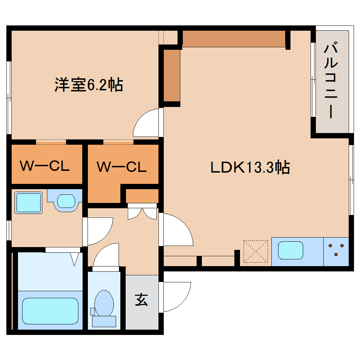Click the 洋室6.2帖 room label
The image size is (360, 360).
pyautogui.click(x=89, y=85)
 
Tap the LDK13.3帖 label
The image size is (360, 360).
pyautogui.click(x=250, y=167)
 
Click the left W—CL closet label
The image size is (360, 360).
pyautogui.click(x=44, y=166)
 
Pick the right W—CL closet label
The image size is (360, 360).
pyautogui.click(x=122, y=167)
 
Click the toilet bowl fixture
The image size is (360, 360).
pyautogui.click(x=104, y=303)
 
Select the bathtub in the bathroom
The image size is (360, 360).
pyautogui.click(x=50, y=310)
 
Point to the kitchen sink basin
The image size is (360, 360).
pyautogui.click(x=290, y=250)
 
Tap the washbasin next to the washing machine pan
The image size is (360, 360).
pyautogui.click(x=66, y=201)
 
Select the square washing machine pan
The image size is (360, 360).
pyautogui.click(x=28, y=202)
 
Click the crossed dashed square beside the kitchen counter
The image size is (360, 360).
pyautogui.click(x=256, y=251)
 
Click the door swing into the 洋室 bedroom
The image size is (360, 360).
pyautogui.click(x=146, y=124)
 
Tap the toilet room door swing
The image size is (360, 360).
pyautogui.click(x=106, y=256)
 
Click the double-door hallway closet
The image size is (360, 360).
pyautogui.click(x=142, y=212)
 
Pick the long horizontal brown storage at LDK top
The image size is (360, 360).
pyautogui.click(x=234, y=39)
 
